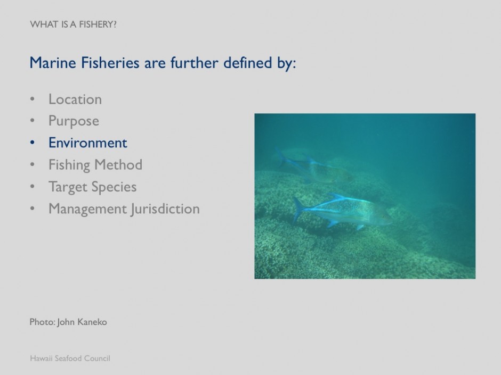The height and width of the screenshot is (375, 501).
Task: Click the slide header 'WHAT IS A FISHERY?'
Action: click(73, 24)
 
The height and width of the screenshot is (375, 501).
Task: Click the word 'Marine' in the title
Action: click(51, 63)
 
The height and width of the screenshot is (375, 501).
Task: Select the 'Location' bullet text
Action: click(75, 99)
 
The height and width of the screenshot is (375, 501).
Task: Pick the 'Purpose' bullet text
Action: click(74, 121)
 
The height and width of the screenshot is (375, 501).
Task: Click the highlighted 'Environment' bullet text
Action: click(88, 143)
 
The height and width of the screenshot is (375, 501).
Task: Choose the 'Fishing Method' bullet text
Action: click(95, 165)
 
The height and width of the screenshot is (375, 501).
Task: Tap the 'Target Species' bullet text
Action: click(92, 187)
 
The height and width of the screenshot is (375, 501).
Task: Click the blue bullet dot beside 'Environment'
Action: click(33, 143)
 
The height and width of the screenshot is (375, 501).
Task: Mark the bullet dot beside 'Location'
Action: click(33, 99)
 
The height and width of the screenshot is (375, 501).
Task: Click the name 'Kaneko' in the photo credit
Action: click(93, 322)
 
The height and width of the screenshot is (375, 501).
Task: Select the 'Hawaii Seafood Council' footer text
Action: click(70, 358)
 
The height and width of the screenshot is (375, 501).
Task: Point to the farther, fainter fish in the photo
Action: click(314, 168)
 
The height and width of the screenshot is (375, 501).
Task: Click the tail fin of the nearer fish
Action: click(299, 209)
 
